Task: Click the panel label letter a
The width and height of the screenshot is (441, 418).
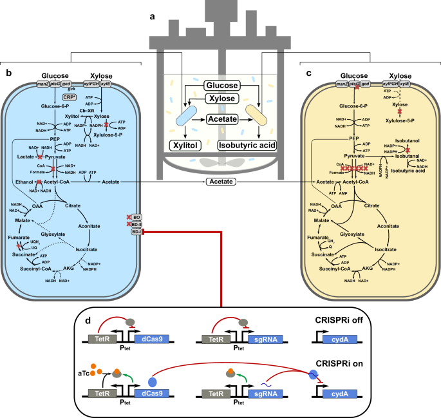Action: [152, 17]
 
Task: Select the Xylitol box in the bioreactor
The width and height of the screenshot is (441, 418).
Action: [186, 144]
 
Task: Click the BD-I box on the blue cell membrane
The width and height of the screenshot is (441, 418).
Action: [136, 231]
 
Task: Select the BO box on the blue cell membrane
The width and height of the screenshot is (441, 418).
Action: [136, 217]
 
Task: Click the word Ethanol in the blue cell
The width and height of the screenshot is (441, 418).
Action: [23, 182]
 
